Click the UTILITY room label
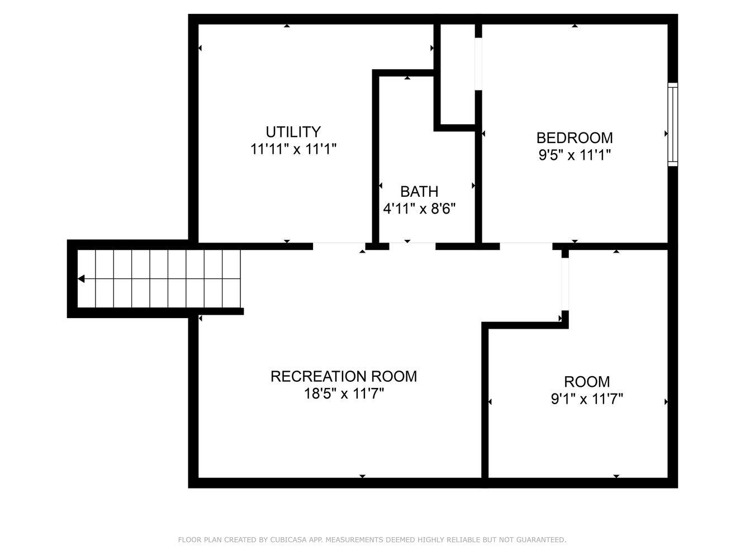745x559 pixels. tap(293, 132)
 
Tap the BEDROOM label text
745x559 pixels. tap(575, 138)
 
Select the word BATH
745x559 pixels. tap(419, 191)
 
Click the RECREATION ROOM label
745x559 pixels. tap(344, 376)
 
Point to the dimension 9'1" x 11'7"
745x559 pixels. tap(587, 399)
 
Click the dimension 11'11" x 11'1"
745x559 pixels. tap(293, 149)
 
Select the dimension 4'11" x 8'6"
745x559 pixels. tap(419, 209)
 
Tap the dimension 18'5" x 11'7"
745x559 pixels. tap(344, 394)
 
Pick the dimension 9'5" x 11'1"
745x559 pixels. tap(575, 155)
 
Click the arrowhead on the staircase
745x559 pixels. tap(81, 278)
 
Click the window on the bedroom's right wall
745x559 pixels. tap(672, 125)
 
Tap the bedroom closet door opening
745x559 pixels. tap(478, 64)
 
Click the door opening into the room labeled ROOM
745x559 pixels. tap(565, 284)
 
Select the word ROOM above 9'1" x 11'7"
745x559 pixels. tap(587, 382)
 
